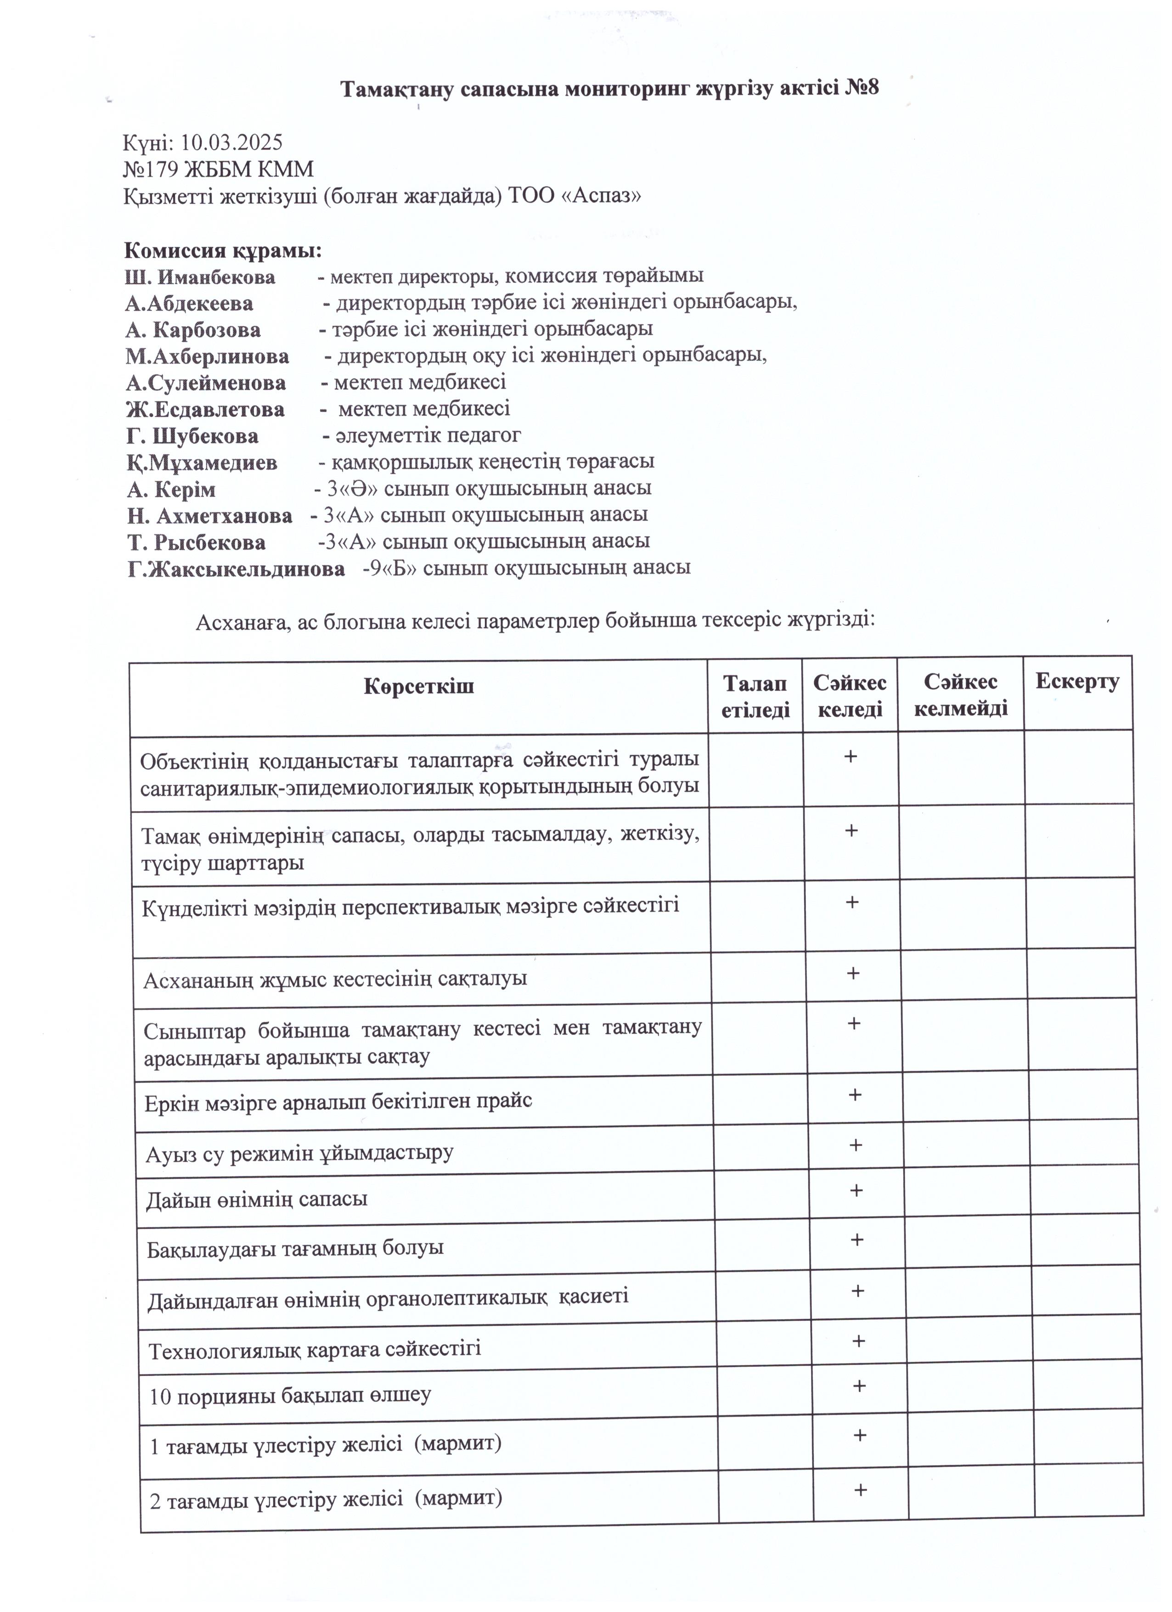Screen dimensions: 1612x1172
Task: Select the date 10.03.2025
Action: (232, 143)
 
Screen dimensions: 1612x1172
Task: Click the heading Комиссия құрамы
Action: (223, 251)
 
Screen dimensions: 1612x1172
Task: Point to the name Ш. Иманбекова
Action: (200, 277)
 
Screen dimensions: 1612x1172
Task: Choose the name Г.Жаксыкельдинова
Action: (237, 569)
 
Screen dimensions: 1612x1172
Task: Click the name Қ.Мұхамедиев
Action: (203, 463)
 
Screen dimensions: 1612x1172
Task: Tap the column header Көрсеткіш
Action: (419, 687)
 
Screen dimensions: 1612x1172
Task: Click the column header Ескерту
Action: (1077, 682)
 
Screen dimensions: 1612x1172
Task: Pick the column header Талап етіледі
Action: (755, 697)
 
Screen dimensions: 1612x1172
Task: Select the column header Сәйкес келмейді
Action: (960, 695)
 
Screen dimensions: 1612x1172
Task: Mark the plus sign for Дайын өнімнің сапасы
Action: (856, 1190)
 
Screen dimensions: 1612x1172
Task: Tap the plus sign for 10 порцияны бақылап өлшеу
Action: (859, 1386)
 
